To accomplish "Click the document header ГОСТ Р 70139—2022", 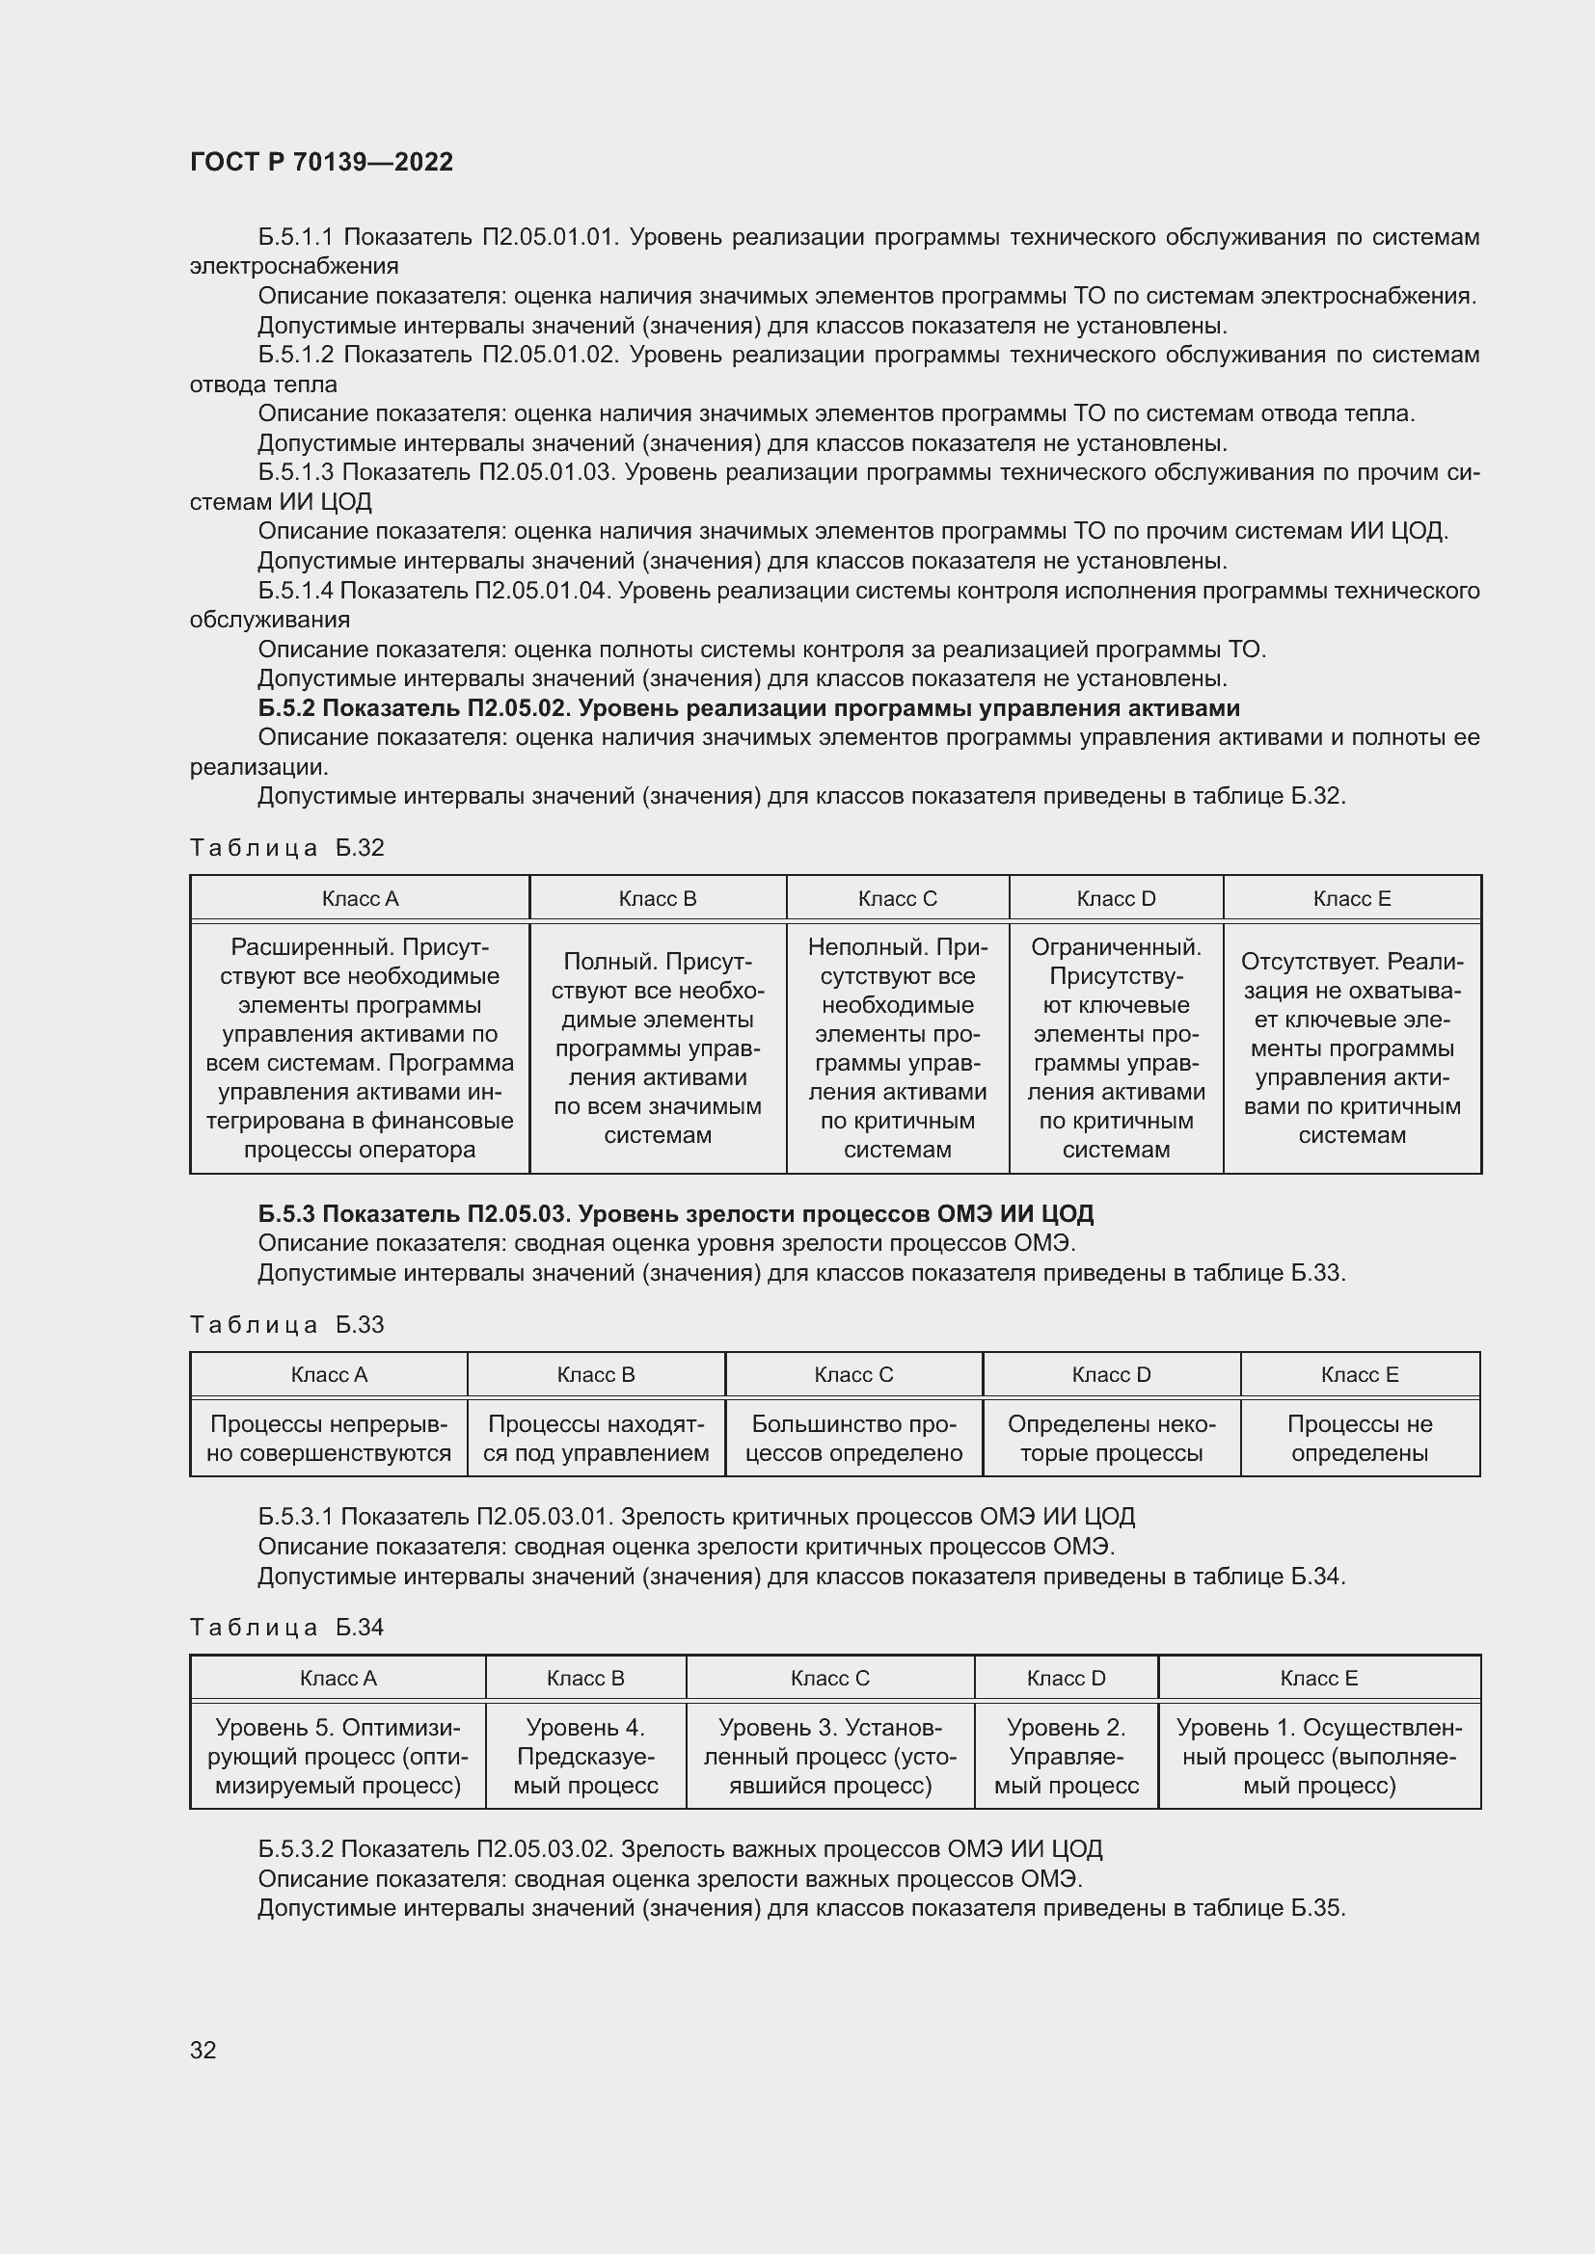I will coord(321,162).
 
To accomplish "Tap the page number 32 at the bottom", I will coord(203,2050).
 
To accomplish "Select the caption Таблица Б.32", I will coord(286,847).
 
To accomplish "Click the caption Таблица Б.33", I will coord(286,1324).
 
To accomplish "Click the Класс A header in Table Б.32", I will coord(360,898).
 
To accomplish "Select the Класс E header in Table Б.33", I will coord(1360,1374).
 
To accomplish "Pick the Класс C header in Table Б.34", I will coord(830,1678).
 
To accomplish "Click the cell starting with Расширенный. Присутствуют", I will coord(360,1047).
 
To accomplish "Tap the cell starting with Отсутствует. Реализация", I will coord(1351,1047).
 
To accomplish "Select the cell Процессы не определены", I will coord(1360,1438).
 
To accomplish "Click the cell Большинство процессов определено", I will coord(853,1438).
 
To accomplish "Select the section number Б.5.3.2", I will coord(295,1848).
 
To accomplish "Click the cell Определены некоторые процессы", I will coord(1111,1438).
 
